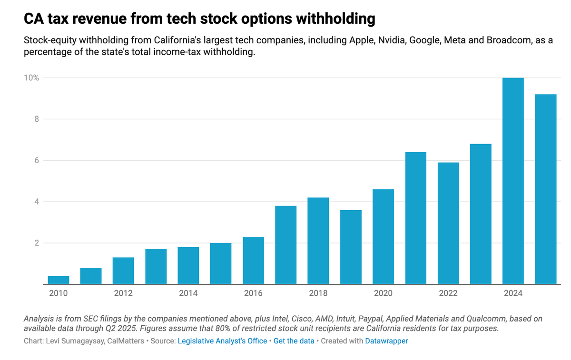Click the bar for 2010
click(x=59, y=280)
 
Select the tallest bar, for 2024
click(x=513, y=181)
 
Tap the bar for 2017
click(x=285, y=245)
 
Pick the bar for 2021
click(x=415, y=218)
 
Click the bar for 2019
click(x=351, y=247)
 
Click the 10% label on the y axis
click(x=31, y=78)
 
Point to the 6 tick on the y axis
click(x=36, y=160)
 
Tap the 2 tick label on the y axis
click(x=36, y=243)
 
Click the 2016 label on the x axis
click(x=253, y=293)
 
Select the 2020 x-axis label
click(x=383, y=293)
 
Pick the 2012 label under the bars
click(x=123, y=293)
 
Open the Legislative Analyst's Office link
click(x=222, y=341)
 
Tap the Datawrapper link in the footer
click(x=386, y=341)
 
